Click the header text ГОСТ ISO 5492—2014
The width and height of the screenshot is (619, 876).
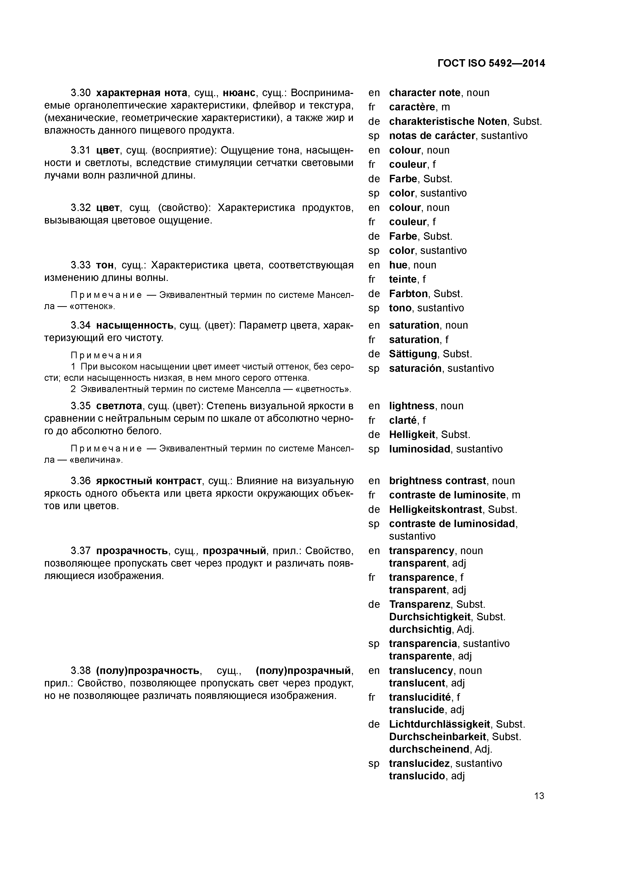point(491,63)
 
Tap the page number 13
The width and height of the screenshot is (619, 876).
point(539,796)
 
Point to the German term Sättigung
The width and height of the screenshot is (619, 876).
point(413,354)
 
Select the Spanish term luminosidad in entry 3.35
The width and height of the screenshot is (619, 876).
point(419,449)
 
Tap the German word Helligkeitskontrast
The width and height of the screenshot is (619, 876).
point(435,509)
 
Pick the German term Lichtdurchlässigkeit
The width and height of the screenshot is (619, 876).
point(439,724)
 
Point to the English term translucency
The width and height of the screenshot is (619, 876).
point(421,670)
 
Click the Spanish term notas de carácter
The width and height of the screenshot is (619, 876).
point(432,136)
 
